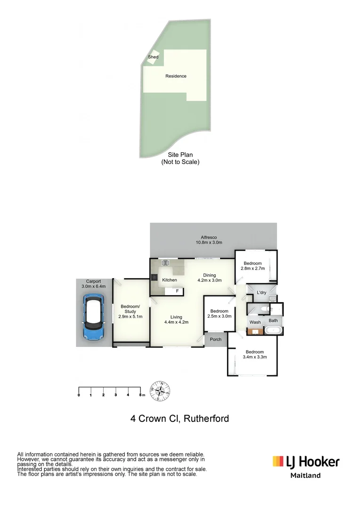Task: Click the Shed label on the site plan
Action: coord(153,57)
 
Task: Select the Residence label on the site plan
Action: coord(176,76)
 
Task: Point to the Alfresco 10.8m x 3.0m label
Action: coord(209,240)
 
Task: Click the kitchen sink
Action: coord(165,263)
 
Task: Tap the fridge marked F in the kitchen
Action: coord(177,291)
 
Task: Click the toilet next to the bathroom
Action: coord(267,309)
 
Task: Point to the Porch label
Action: coord(216,339)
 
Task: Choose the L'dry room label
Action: coord(262,293)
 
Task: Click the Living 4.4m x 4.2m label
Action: coord(176,320)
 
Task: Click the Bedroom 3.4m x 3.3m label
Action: coord(254,354)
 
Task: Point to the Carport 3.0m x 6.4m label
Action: coord(93,284)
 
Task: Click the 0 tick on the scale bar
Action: coord(79,394)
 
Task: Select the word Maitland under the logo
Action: coord(305,476)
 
